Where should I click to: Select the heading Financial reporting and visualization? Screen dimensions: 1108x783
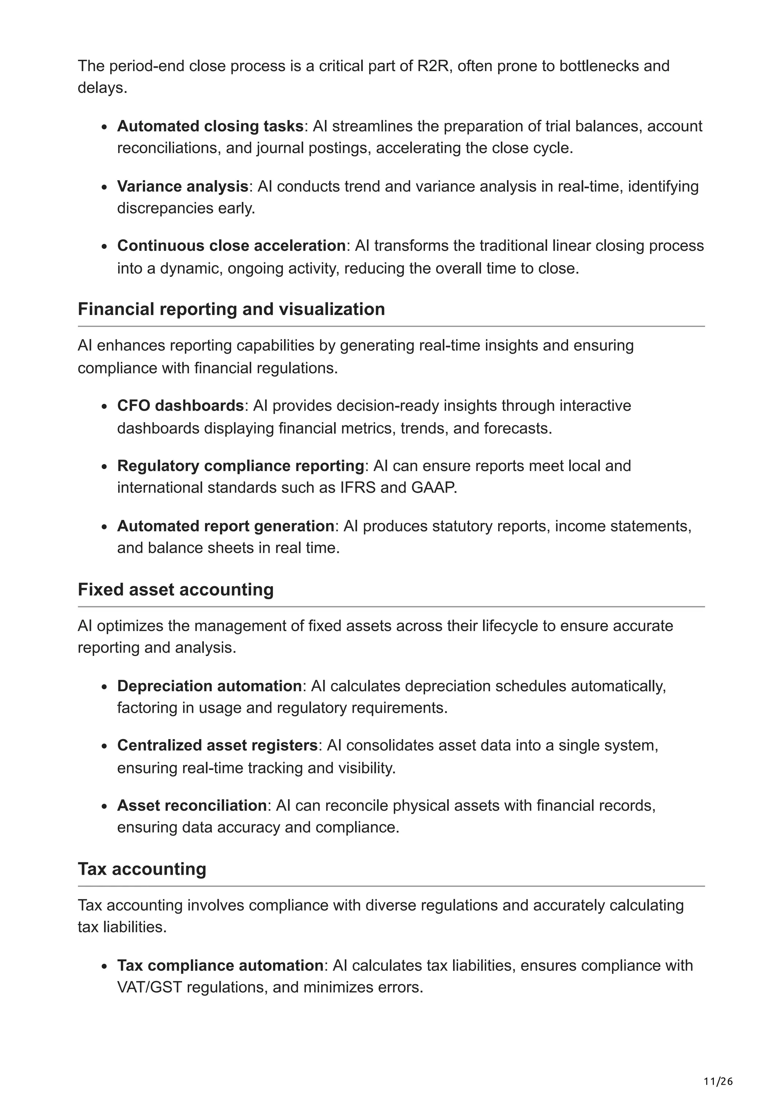click(231, 309)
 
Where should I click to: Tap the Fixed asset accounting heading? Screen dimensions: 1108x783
click(175, 589)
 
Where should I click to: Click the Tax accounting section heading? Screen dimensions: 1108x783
click(142, 869)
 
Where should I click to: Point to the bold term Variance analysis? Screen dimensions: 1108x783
click(182, 186)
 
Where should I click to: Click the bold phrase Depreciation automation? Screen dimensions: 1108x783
click(209, 686)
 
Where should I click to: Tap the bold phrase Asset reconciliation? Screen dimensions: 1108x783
click(192, 806)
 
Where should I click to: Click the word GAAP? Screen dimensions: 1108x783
click(433, 487)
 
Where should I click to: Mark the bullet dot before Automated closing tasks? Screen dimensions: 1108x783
click(104, 127)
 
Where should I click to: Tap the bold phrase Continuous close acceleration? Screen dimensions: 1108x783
click(231, 245)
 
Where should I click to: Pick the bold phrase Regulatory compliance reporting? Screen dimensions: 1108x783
click(240, 466)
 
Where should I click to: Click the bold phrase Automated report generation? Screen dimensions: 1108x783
click(225, 526)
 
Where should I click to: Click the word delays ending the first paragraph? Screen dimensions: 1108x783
click(102, 88)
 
